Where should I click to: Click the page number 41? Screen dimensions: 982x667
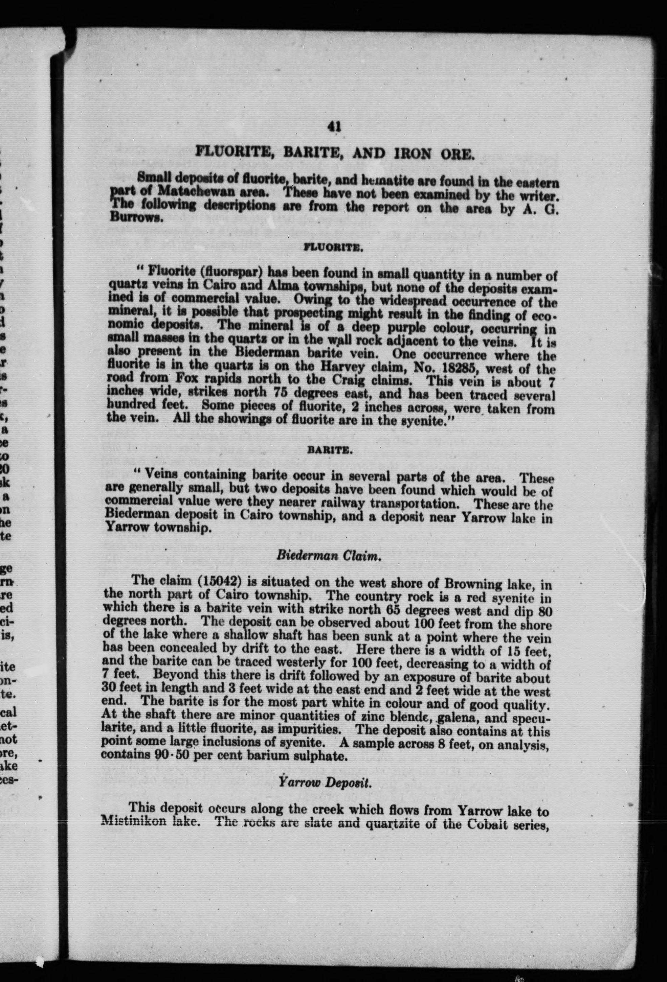click(334, 127)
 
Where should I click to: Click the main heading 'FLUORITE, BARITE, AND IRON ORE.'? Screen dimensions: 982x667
click(333, 154)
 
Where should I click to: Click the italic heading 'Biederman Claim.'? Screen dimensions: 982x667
click(329, 556)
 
